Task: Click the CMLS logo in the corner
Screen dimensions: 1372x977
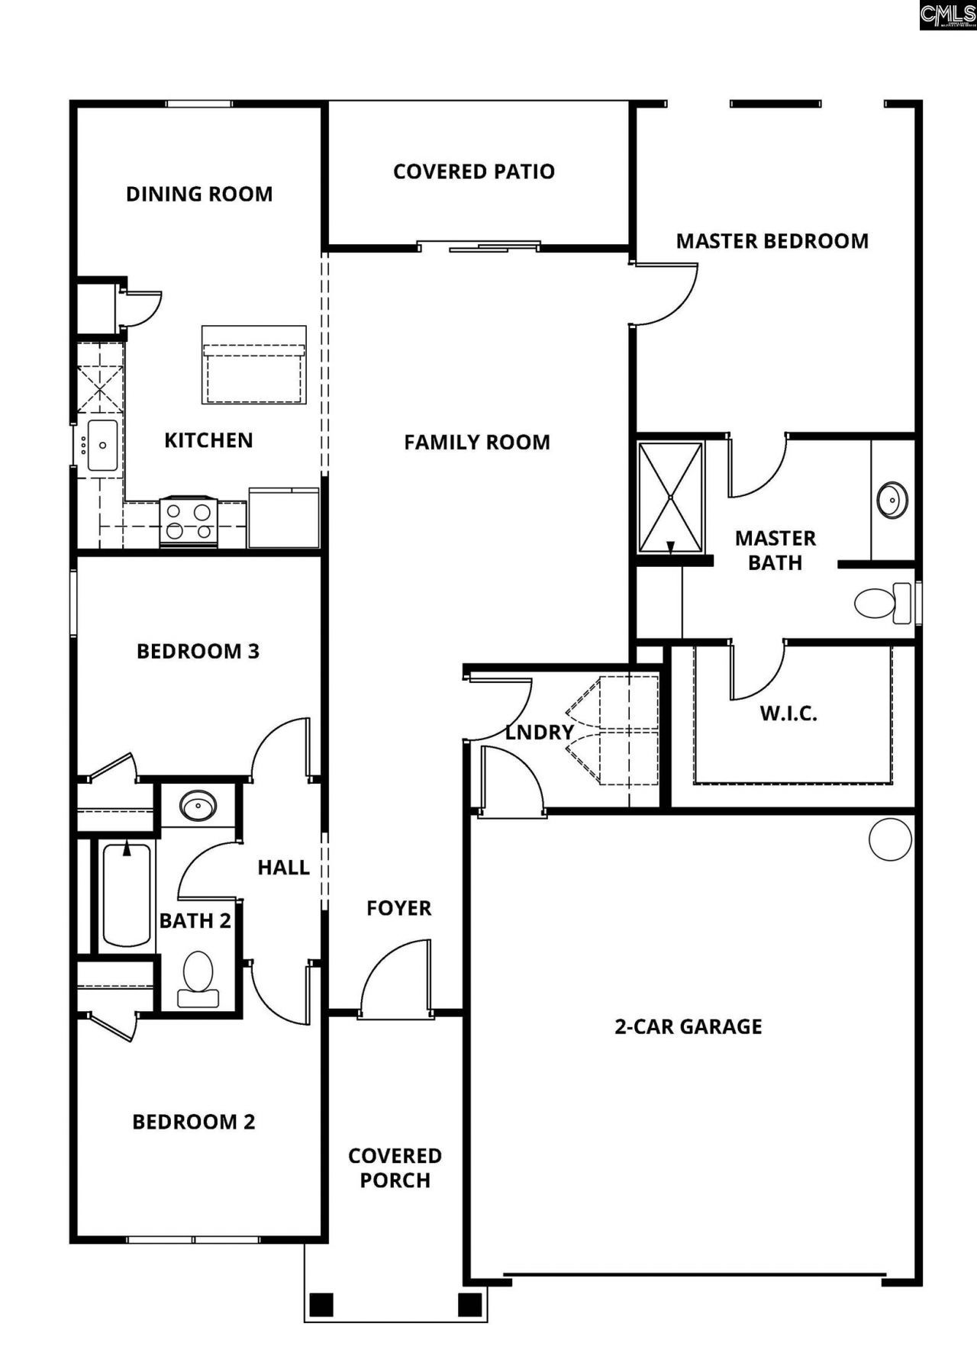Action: tap(947, 14)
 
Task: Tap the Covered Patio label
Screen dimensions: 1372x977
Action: tap(473, 172)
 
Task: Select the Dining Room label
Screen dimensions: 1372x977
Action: tap(199, 194)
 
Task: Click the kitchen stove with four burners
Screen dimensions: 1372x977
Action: tap(189, 522)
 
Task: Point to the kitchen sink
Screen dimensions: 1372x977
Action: tap(102, 445)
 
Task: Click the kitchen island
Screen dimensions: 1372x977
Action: tap(253, 365)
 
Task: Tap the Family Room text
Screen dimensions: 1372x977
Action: tap(476, 443)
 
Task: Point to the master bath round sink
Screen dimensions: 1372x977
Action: tap(892, 500)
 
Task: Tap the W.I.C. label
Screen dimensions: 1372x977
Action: tap(788, 714)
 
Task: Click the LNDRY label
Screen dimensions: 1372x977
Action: tap(539, 733)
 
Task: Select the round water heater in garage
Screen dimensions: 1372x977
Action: tap(890, 839)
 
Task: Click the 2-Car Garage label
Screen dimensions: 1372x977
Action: tap(688, 1026)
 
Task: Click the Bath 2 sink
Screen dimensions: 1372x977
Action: tap(198, 805)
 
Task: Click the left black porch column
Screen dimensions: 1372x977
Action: tap(321, 1304)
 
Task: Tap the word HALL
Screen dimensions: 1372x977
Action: tap(283, 868)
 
